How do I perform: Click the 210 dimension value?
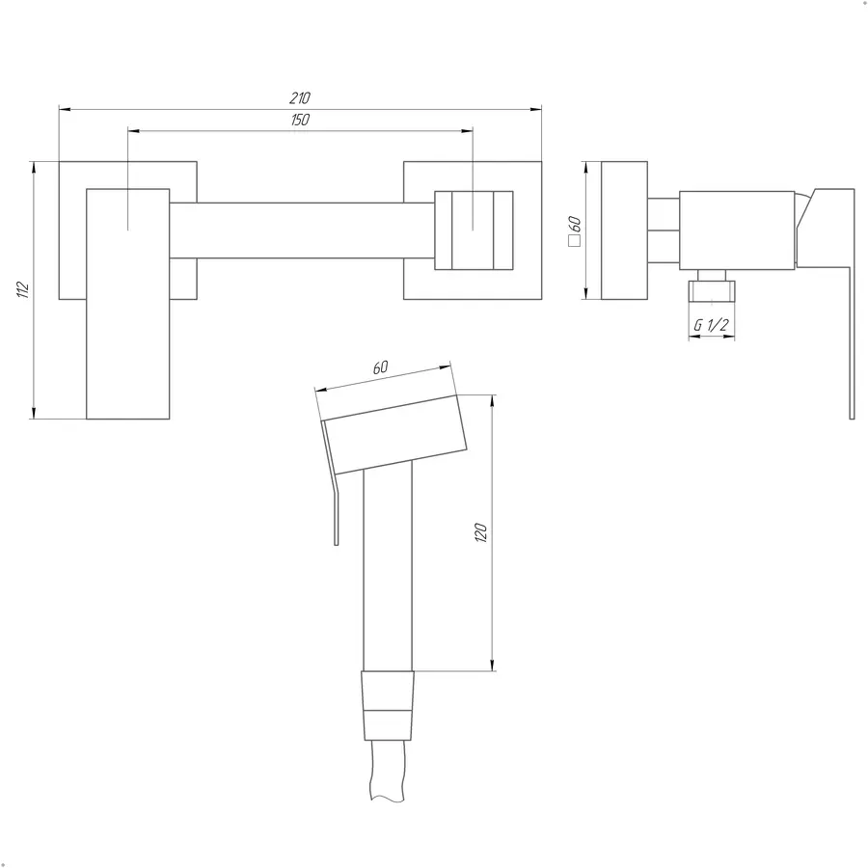click(x=300, y=98)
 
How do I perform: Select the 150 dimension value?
click(x=300, y=120)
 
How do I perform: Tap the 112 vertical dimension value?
click(x=23, y=289)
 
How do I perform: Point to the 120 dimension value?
click(x=480, y=532)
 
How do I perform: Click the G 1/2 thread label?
click(x=712, y=325)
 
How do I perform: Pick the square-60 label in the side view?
click(x=575, y=231)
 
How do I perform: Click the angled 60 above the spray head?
click(x=381, y=367)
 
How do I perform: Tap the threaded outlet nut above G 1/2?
click(x=712, y=291)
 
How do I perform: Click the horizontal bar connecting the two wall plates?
click(x=302, y=231)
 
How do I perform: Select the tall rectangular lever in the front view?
click(x=128, y=304)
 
